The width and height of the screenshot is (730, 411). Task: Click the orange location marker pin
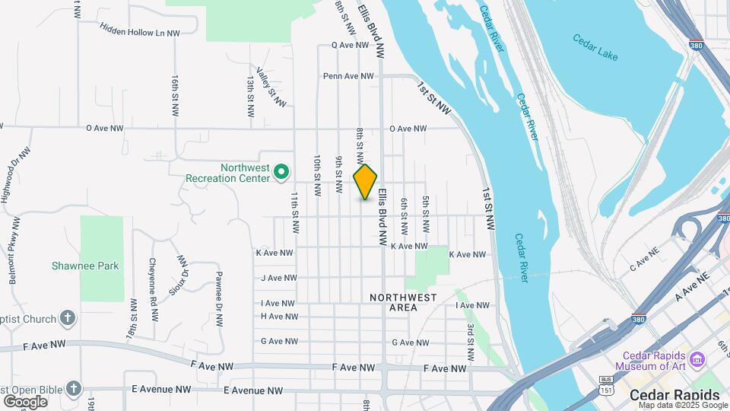pyautogui.click(x=365, y=182)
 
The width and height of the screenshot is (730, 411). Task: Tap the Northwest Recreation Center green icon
pyautogui.click(x=281, y=173)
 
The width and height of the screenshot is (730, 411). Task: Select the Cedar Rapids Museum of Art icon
pyautogui.click(x=697, y=358)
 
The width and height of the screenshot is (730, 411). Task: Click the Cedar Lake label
pyautogui.click(x=595, y=47)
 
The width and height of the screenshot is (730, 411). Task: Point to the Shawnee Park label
pyautogui.click(x=85, y=266)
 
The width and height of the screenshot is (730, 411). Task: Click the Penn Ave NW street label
pyautogui.click(x=348, y=76)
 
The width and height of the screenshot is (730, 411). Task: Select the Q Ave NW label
pyautogui.click(x=350, y=45)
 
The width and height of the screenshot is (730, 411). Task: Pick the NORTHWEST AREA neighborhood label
pyautogui.click(x=403, y=302)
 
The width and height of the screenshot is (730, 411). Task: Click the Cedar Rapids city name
pyautogui.click(x=674, y=395)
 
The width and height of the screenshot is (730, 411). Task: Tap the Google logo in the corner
pyautogui.click(x=25, y=401)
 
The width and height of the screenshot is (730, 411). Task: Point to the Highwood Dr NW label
pyautogui.click(x=15, y=174)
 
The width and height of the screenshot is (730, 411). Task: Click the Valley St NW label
pyautogui.click(x=271, y=87)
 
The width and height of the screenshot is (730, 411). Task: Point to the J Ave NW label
pyautogui.click(x=277, y=278)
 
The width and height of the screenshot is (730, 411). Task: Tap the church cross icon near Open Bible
pyautogui.click(x=73, y=388)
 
